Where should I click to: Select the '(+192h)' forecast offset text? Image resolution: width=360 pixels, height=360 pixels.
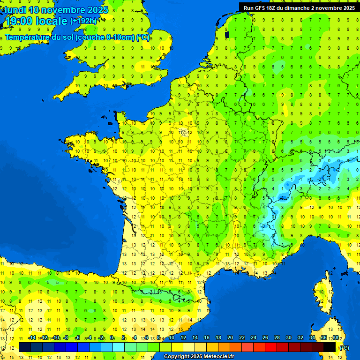83,21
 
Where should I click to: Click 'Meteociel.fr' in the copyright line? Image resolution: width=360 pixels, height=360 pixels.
218,357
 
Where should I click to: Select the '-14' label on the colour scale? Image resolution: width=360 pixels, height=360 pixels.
32,338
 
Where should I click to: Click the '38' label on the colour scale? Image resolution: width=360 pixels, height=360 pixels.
336,338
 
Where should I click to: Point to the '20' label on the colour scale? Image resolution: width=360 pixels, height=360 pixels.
230,338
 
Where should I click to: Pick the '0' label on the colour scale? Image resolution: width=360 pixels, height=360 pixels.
112,338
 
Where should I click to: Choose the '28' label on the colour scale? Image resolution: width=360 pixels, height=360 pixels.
277,338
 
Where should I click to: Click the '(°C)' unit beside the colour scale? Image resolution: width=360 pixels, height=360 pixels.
344,348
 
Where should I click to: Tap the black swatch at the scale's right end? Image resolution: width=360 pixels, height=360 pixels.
330,347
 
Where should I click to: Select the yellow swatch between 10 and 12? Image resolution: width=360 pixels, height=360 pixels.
177,347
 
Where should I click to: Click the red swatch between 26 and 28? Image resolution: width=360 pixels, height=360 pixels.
271,347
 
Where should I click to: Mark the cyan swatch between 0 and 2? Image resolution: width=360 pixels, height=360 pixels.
119,347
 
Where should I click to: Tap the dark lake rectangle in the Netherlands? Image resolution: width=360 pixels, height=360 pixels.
227,34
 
